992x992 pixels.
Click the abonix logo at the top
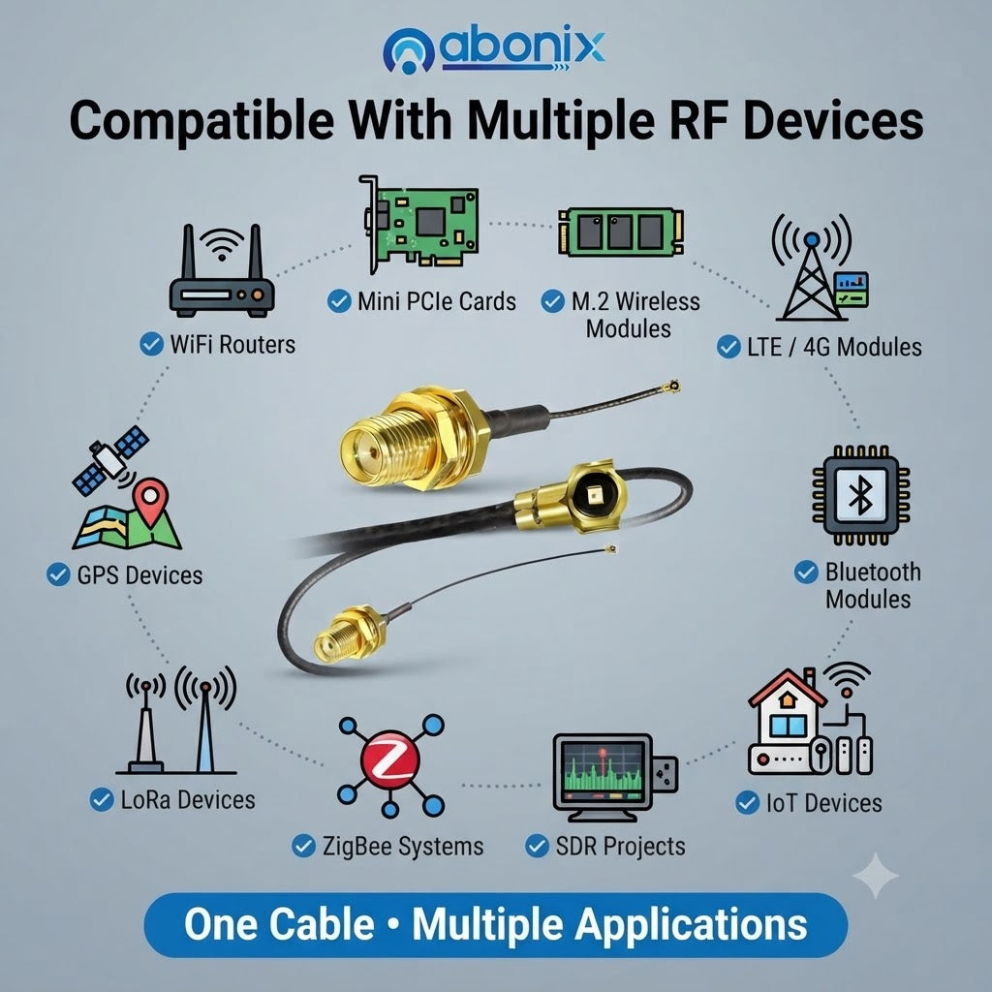click(493, 49)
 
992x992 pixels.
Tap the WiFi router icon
click(222, 271)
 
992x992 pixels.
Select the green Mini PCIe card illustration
click(418, 225)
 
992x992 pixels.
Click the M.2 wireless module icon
click(621, 232)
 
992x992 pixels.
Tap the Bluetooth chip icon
click(860, 495)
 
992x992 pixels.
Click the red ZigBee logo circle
click(390, 760)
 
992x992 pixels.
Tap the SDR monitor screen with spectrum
click(603, 772)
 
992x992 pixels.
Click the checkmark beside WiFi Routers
click(151, 344)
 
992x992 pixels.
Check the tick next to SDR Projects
click(537, 846)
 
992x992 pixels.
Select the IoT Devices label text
click(823, 803)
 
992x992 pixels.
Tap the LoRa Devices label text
click(188, 799)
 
